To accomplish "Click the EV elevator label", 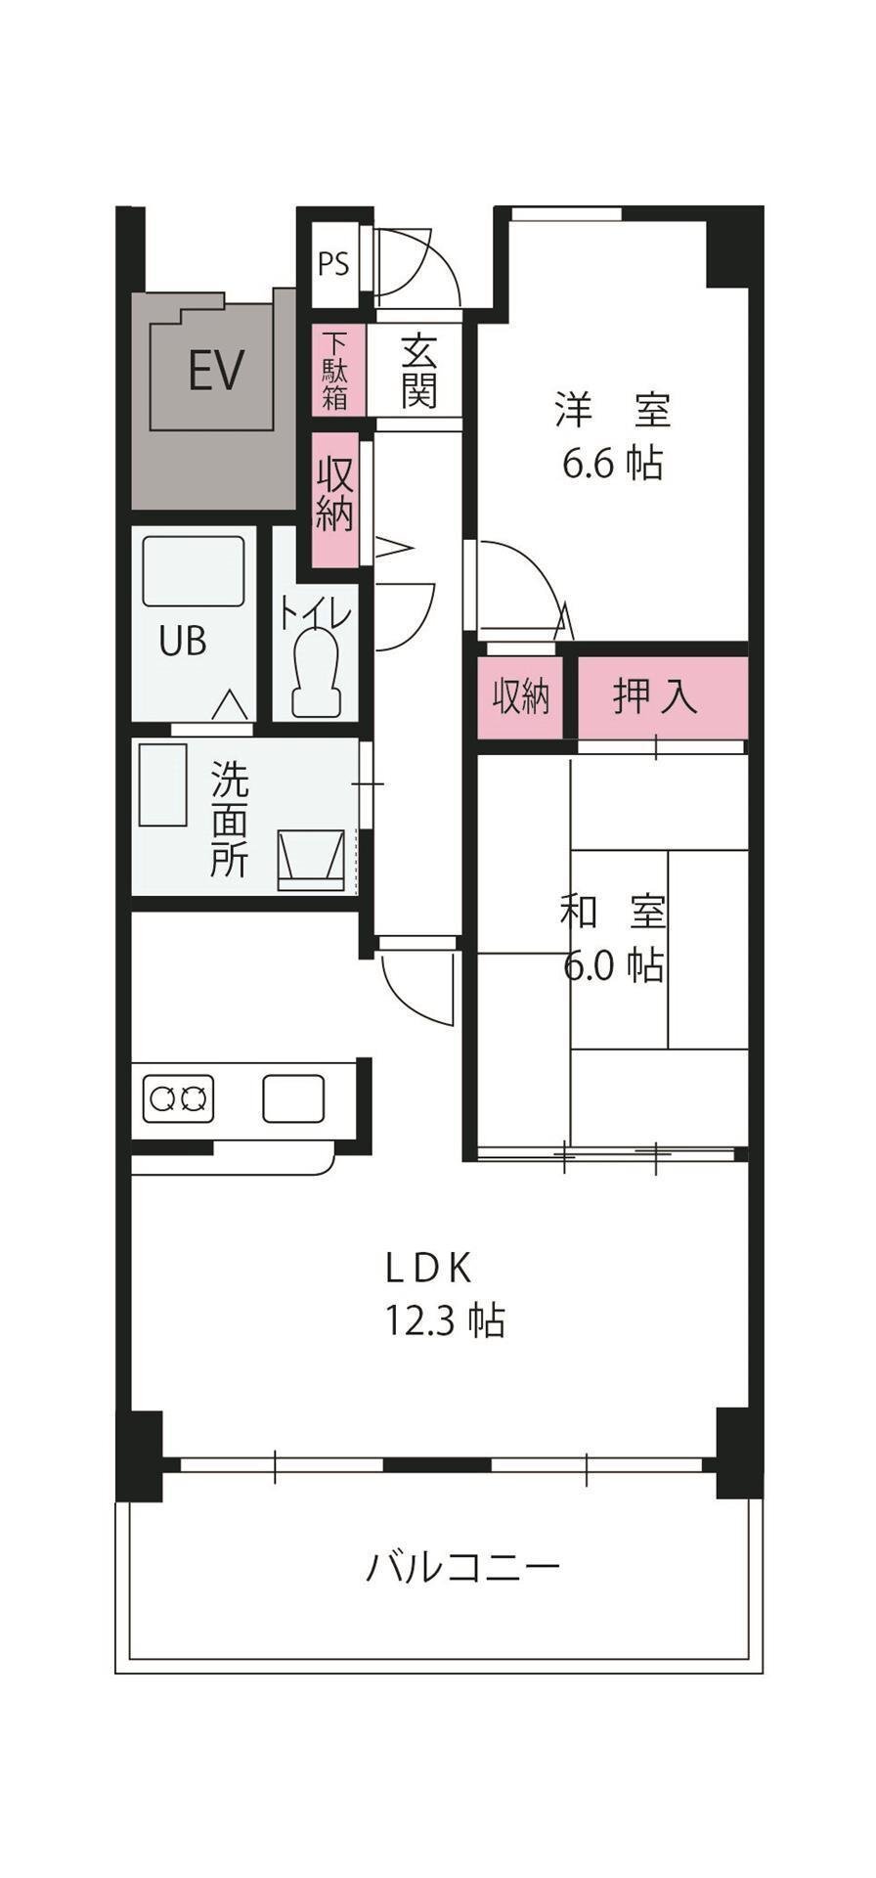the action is pos(216,371).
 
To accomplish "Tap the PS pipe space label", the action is pos(333,265).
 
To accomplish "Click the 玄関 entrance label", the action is pos(418,372).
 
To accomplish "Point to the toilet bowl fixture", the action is pos(316,672).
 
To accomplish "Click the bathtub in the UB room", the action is pos(193,571).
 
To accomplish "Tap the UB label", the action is pos(184,642).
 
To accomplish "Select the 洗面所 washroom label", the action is pos(230,820).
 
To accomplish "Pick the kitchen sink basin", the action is pos(293,1098).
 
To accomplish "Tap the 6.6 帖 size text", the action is pos(613,463).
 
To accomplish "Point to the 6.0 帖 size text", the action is pos(613,966).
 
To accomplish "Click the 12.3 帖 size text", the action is pos(445,1321).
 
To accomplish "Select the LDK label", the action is pos(430,1268).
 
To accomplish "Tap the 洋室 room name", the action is pos(613,410).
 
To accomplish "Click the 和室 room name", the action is pos(613,914).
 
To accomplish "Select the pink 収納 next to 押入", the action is pos(520,697).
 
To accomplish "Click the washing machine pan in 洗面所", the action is pos(314,861).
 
